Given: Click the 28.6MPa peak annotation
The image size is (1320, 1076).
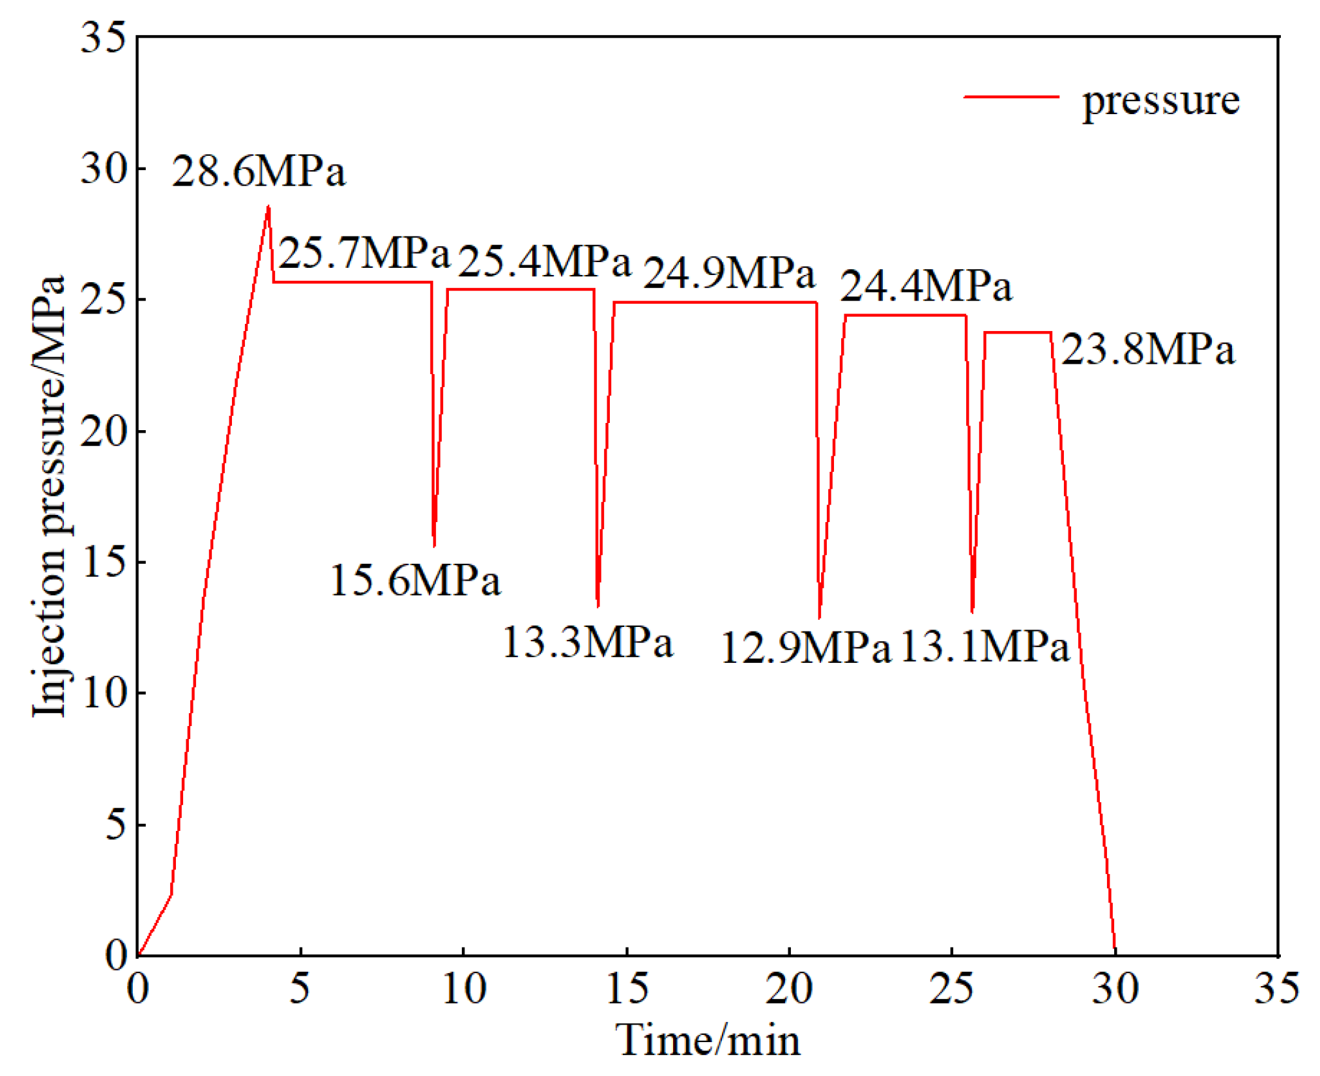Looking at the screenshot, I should pos(259,172).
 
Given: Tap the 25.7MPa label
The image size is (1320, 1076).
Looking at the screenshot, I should pos(365,253).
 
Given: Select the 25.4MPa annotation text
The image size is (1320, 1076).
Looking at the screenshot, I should pos(545,261).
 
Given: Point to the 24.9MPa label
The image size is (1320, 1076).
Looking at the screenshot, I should pos(729,272).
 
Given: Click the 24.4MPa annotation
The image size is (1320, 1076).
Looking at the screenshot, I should pos(926,286).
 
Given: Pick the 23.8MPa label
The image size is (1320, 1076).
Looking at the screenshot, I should pos(1148,349).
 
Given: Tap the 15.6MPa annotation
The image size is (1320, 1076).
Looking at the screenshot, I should pos(415,580).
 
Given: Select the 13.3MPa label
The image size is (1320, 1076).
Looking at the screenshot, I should pos(587,642).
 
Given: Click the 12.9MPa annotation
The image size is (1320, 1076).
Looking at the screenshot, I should pos(805,648).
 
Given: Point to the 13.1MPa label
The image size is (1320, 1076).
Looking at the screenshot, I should pos(984,647).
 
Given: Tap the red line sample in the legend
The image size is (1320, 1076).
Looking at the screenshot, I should pos(1011,97).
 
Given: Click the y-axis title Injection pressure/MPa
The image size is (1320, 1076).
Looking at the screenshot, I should pos(50,496).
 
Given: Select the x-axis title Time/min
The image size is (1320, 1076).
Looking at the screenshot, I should pos(708,1040).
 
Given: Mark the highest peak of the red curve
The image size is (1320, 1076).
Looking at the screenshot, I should pos(268,207).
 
